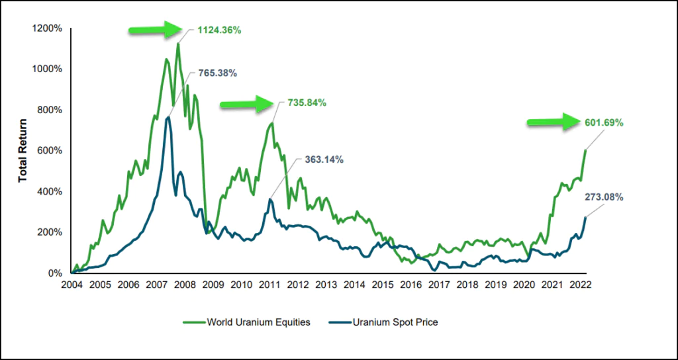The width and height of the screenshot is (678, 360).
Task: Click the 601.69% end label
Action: [605, 123]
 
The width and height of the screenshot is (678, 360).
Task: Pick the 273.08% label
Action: [604, 197]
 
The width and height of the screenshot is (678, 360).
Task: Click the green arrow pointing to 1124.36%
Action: [155, 30]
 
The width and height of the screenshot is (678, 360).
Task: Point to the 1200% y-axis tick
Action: [46, 28]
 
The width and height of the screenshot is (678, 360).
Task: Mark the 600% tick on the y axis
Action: [49, 151]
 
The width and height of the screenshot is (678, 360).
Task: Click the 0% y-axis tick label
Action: [54, 273]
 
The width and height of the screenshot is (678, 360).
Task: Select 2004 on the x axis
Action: [72, 286]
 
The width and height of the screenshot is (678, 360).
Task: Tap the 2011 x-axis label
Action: [269, 286]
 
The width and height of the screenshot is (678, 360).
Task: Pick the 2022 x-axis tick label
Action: [580, 286]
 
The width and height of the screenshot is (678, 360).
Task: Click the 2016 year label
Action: [411, 286]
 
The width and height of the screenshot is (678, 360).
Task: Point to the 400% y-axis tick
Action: [49, 192]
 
